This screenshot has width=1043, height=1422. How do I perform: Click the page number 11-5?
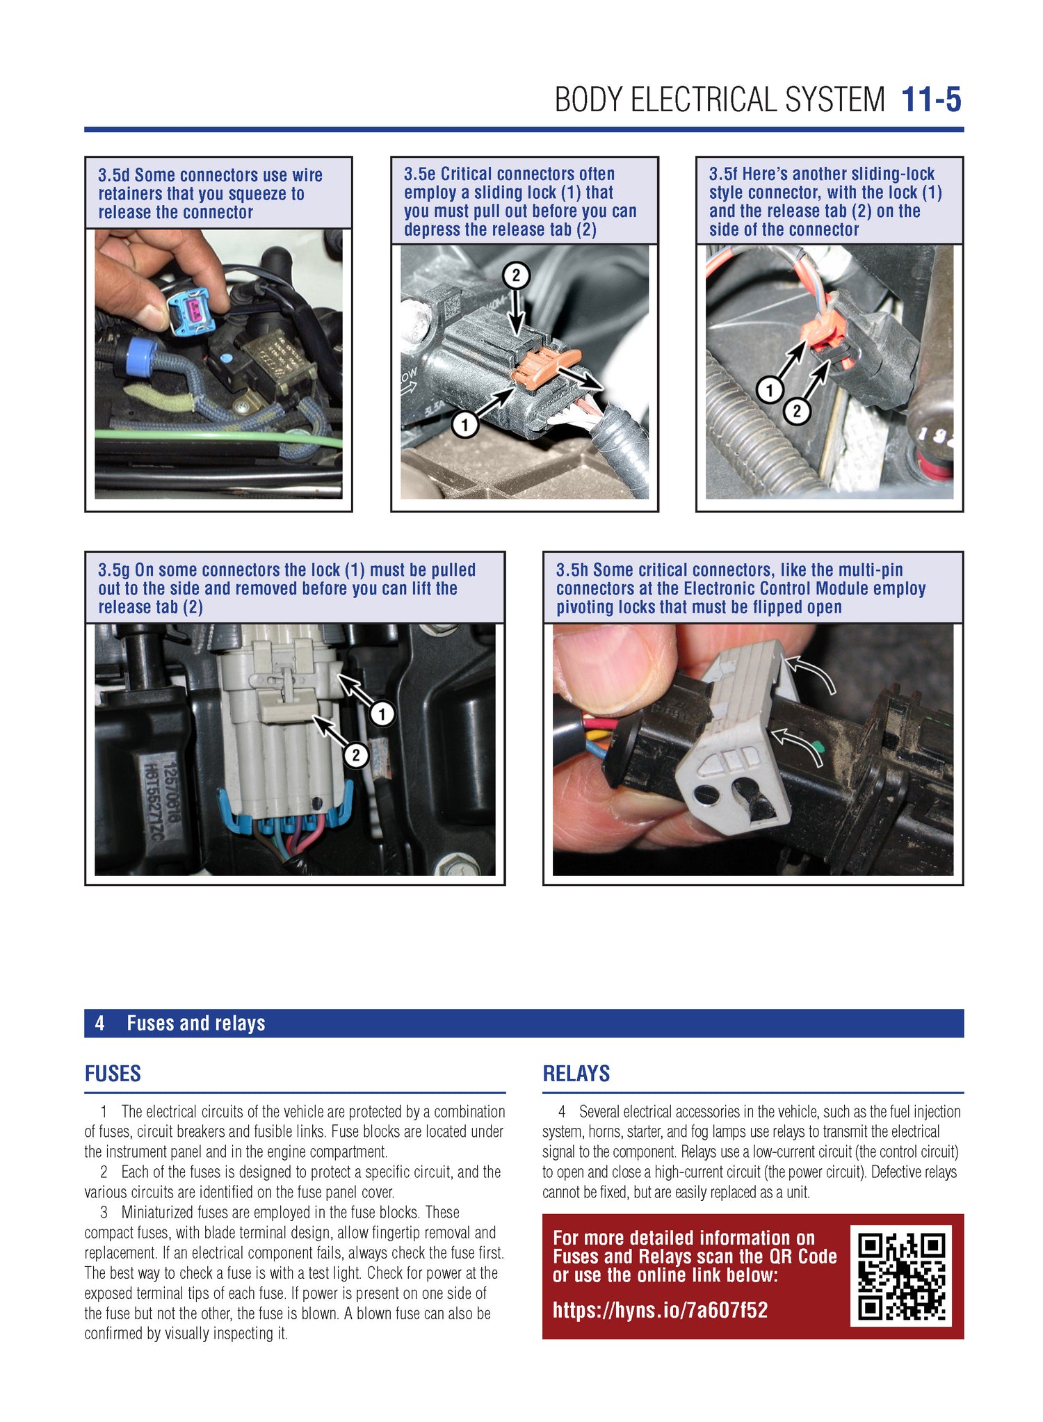[x=930, y=100]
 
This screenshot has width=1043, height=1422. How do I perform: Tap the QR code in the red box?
[x=900, y=1275]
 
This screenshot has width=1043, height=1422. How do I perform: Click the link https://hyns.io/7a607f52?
[x=660, y=1310]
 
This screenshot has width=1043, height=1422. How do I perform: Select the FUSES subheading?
[x=113, y=1074]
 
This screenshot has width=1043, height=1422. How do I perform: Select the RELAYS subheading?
[x=576, y=1074]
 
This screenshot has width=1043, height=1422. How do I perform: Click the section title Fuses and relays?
[x=195, y=1023]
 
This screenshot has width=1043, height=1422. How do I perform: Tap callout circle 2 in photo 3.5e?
[x=516, y=276]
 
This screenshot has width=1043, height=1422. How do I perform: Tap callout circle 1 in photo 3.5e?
[x=464, y=423]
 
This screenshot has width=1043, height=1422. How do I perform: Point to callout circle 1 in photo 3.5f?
[x=770, y=389]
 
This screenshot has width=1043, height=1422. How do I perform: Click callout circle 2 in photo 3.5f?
[x=797, y=411]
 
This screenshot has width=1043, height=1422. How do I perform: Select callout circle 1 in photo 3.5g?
[x=382, y=713]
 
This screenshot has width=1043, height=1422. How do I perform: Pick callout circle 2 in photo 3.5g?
[x=356, y=754]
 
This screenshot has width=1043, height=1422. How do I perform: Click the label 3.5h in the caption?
[x=572, y=570]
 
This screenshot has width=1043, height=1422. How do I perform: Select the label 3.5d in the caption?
[x=113, y=175]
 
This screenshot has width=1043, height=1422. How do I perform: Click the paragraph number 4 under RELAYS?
[x=562, y=1112]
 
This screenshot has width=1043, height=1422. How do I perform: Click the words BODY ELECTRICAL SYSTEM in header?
[x=719, y=100]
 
